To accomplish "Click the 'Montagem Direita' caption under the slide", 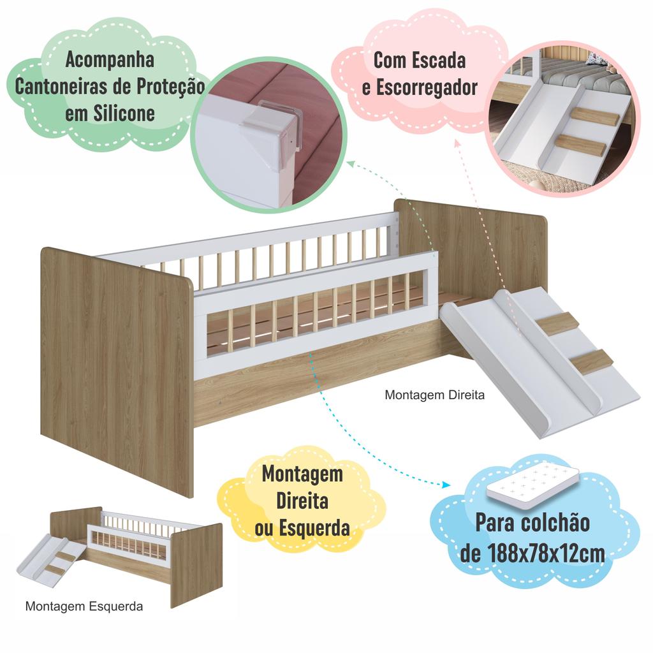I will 434,395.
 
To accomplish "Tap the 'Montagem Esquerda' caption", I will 84,606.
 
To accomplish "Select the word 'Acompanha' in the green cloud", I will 110,61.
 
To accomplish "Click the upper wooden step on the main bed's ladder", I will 558,323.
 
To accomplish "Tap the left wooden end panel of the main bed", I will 118,363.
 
